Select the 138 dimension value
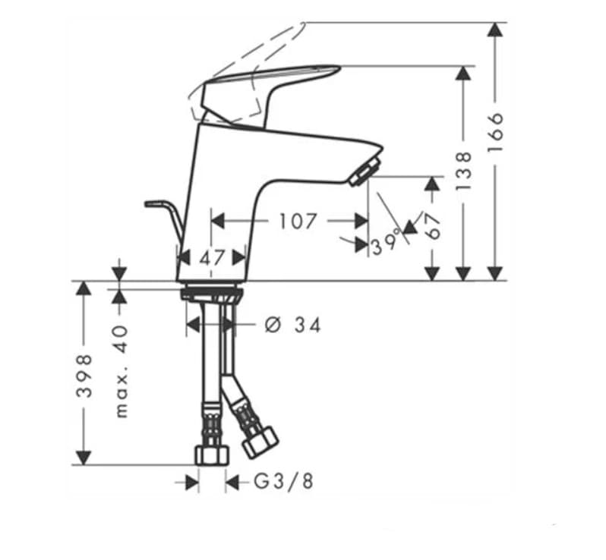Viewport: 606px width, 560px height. (x=463, y=169)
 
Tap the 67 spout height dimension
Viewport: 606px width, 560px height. (x=433, y=225)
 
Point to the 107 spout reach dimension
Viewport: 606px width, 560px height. (x=297, y=221)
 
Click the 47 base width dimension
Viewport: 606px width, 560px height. (x=213, y=257)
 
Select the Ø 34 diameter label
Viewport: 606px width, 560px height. (x=292, y=326)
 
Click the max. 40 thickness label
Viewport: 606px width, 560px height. (x=122, y=372)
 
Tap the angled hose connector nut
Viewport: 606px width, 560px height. (x=260, y=441)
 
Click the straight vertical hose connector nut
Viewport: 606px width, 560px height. (x=212, y=455)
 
